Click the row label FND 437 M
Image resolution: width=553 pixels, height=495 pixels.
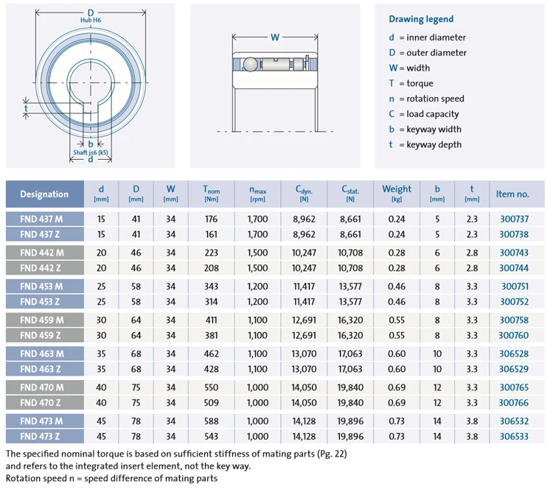[x=41, y=219]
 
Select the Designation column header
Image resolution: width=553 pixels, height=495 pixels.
[x=44, y=194]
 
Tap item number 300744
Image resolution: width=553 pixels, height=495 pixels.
[x=514, y=268]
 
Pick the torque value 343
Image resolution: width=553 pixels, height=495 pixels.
[x=211, y=286]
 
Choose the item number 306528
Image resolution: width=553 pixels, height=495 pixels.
[x=514, y=354]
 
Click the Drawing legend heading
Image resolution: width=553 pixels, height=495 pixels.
[x=421, y=19]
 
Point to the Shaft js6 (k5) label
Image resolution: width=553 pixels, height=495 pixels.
[x=91, y=152]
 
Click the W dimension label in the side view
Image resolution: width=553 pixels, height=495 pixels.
[x=275, y=37]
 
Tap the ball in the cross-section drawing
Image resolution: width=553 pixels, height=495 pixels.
[x=251, y=64]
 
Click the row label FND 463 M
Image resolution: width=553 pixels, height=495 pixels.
[x=41, y=354]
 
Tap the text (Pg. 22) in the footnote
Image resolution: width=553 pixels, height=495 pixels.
[x=329, y=454]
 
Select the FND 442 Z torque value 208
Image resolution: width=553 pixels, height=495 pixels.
[x=211, y=268]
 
